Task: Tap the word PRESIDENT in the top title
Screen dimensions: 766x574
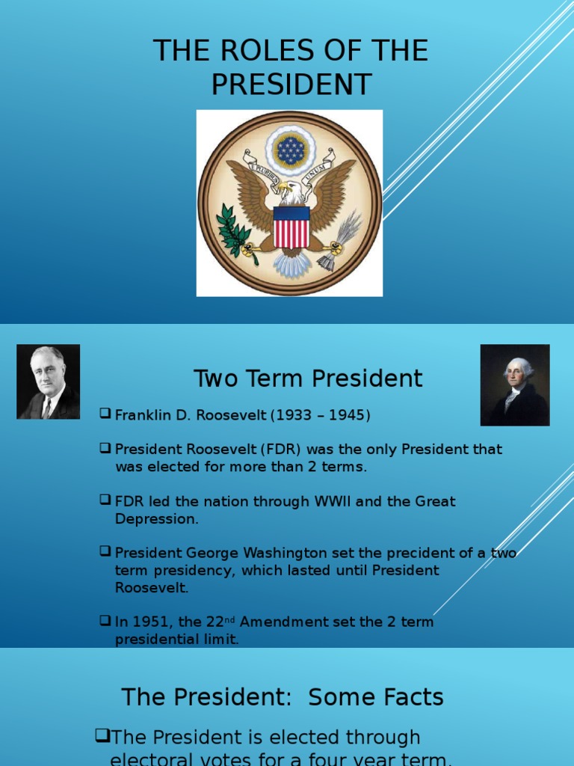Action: (x=291, y=85)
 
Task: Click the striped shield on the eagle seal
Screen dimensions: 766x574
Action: (x=291, y=227)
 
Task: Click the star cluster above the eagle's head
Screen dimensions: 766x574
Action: (x=290, y=150)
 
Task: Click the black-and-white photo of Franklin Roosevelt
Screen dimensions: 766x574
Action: (x=49, y=382)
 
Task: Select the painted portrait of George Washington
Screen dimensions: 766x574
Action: (x=515, y=385)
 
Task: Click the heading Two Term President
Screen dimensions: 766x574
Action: (x=308, y=379)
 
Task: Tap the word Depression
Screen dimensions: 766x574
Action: (x=157, y=519)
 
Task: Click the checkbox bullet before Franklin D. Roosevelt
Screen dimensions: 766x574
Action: (x=105, y=414)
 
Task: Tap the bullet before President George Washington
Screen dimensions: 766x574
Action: (x=105, y=552)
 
